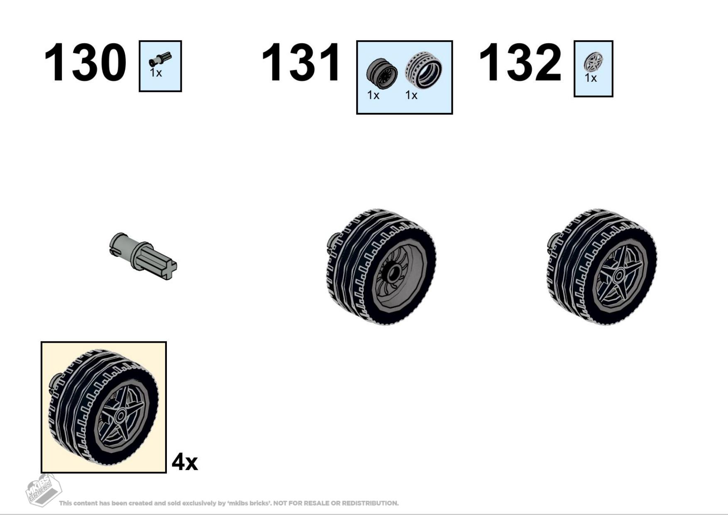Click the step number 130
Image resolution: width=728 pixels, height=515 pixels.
[85, 62]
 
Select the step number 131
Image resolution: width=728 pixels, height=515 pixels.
[301, 62]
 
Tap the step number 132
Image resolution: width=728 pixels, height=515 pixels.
[520, 62]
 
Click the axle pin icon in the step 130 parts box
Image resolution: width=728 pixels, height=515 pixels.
[160, 59]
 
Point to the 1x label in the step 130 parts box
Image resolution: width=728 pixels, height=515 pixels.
[156, 73]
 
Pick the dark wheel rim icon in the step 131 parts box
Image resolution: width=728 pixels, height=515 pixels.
[382, 74]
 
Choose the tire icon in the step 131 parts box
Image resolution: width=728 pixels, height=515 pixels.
[423, 70]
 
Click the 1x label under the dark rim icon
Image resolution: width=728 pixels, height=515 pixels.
[373, 95]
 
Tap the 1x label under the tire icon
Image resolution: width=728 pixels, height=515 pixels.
[411, 95]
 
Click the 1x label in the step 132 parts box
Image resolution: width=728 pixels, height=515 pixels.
[591, 78]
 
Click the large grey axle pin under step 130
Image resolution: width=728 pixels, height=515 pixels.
[143, 256]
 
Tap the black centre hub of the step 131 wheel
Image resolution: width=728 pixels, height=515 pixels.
[393, 273]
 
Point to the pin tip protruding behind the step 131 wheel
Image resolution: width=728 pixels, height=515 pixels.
[332, 243]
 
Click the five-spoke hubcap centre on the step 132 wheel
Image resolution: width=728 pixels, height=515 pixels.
[618, 275]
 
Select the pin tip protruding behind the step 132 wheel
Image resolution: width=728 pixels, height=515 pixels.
[552, 243]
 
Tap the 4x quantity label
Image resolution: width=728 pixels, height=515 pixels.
[185, 461]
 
